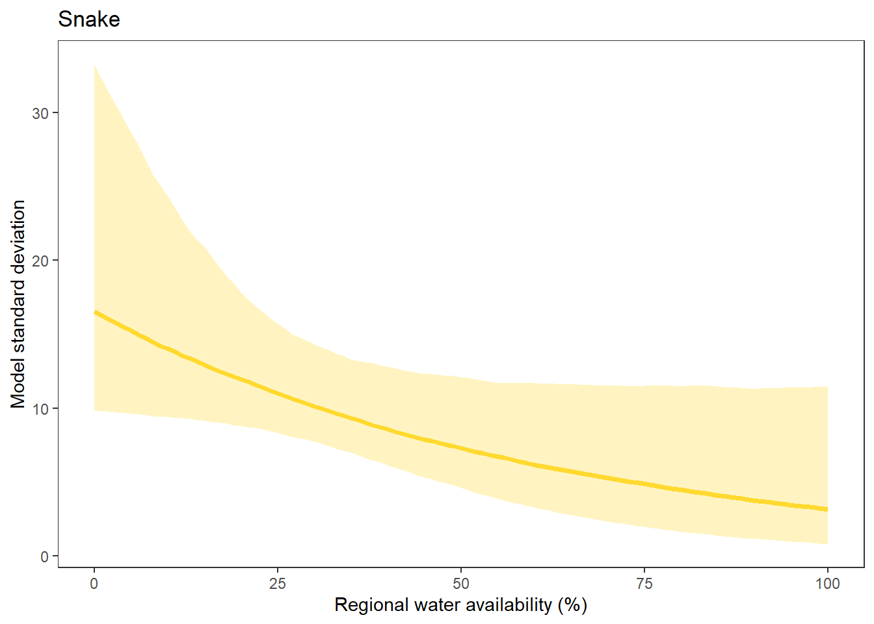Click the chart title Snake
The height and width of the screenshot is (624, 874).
[89, 19]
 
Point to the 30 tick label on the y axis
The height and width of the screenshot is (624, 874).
[40, 113]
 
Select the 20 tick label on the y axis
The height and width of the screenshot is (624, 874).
[40, 261]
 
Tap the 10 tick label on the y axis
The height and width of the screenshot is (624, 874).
[40, 409]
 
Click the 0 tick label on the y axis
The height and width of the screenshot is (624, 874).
[45, 556]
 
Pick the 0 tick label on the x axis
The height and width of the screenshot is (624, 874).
[94, 584]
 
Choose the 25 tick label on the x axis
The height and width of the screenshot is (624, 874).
[278, 584]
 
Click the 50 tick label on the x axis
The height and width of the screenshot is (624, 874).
[461, 584]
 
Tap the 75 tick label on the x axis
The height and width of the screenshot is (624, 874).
[644, 584]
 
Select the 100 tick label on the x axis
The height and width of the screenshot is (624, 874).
[827, 584]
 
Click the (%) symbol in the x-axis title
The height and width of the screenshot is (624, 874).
[572, 605]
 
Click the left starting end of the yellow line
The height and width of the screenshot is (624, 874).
[95, 313]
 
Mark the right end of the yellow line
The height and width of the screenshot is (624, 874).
[827, 509]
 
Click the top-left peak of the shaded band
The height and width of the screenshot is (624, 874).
[95, 66]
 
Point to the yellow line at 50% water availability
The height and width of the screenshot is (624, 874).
[461, 448]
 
